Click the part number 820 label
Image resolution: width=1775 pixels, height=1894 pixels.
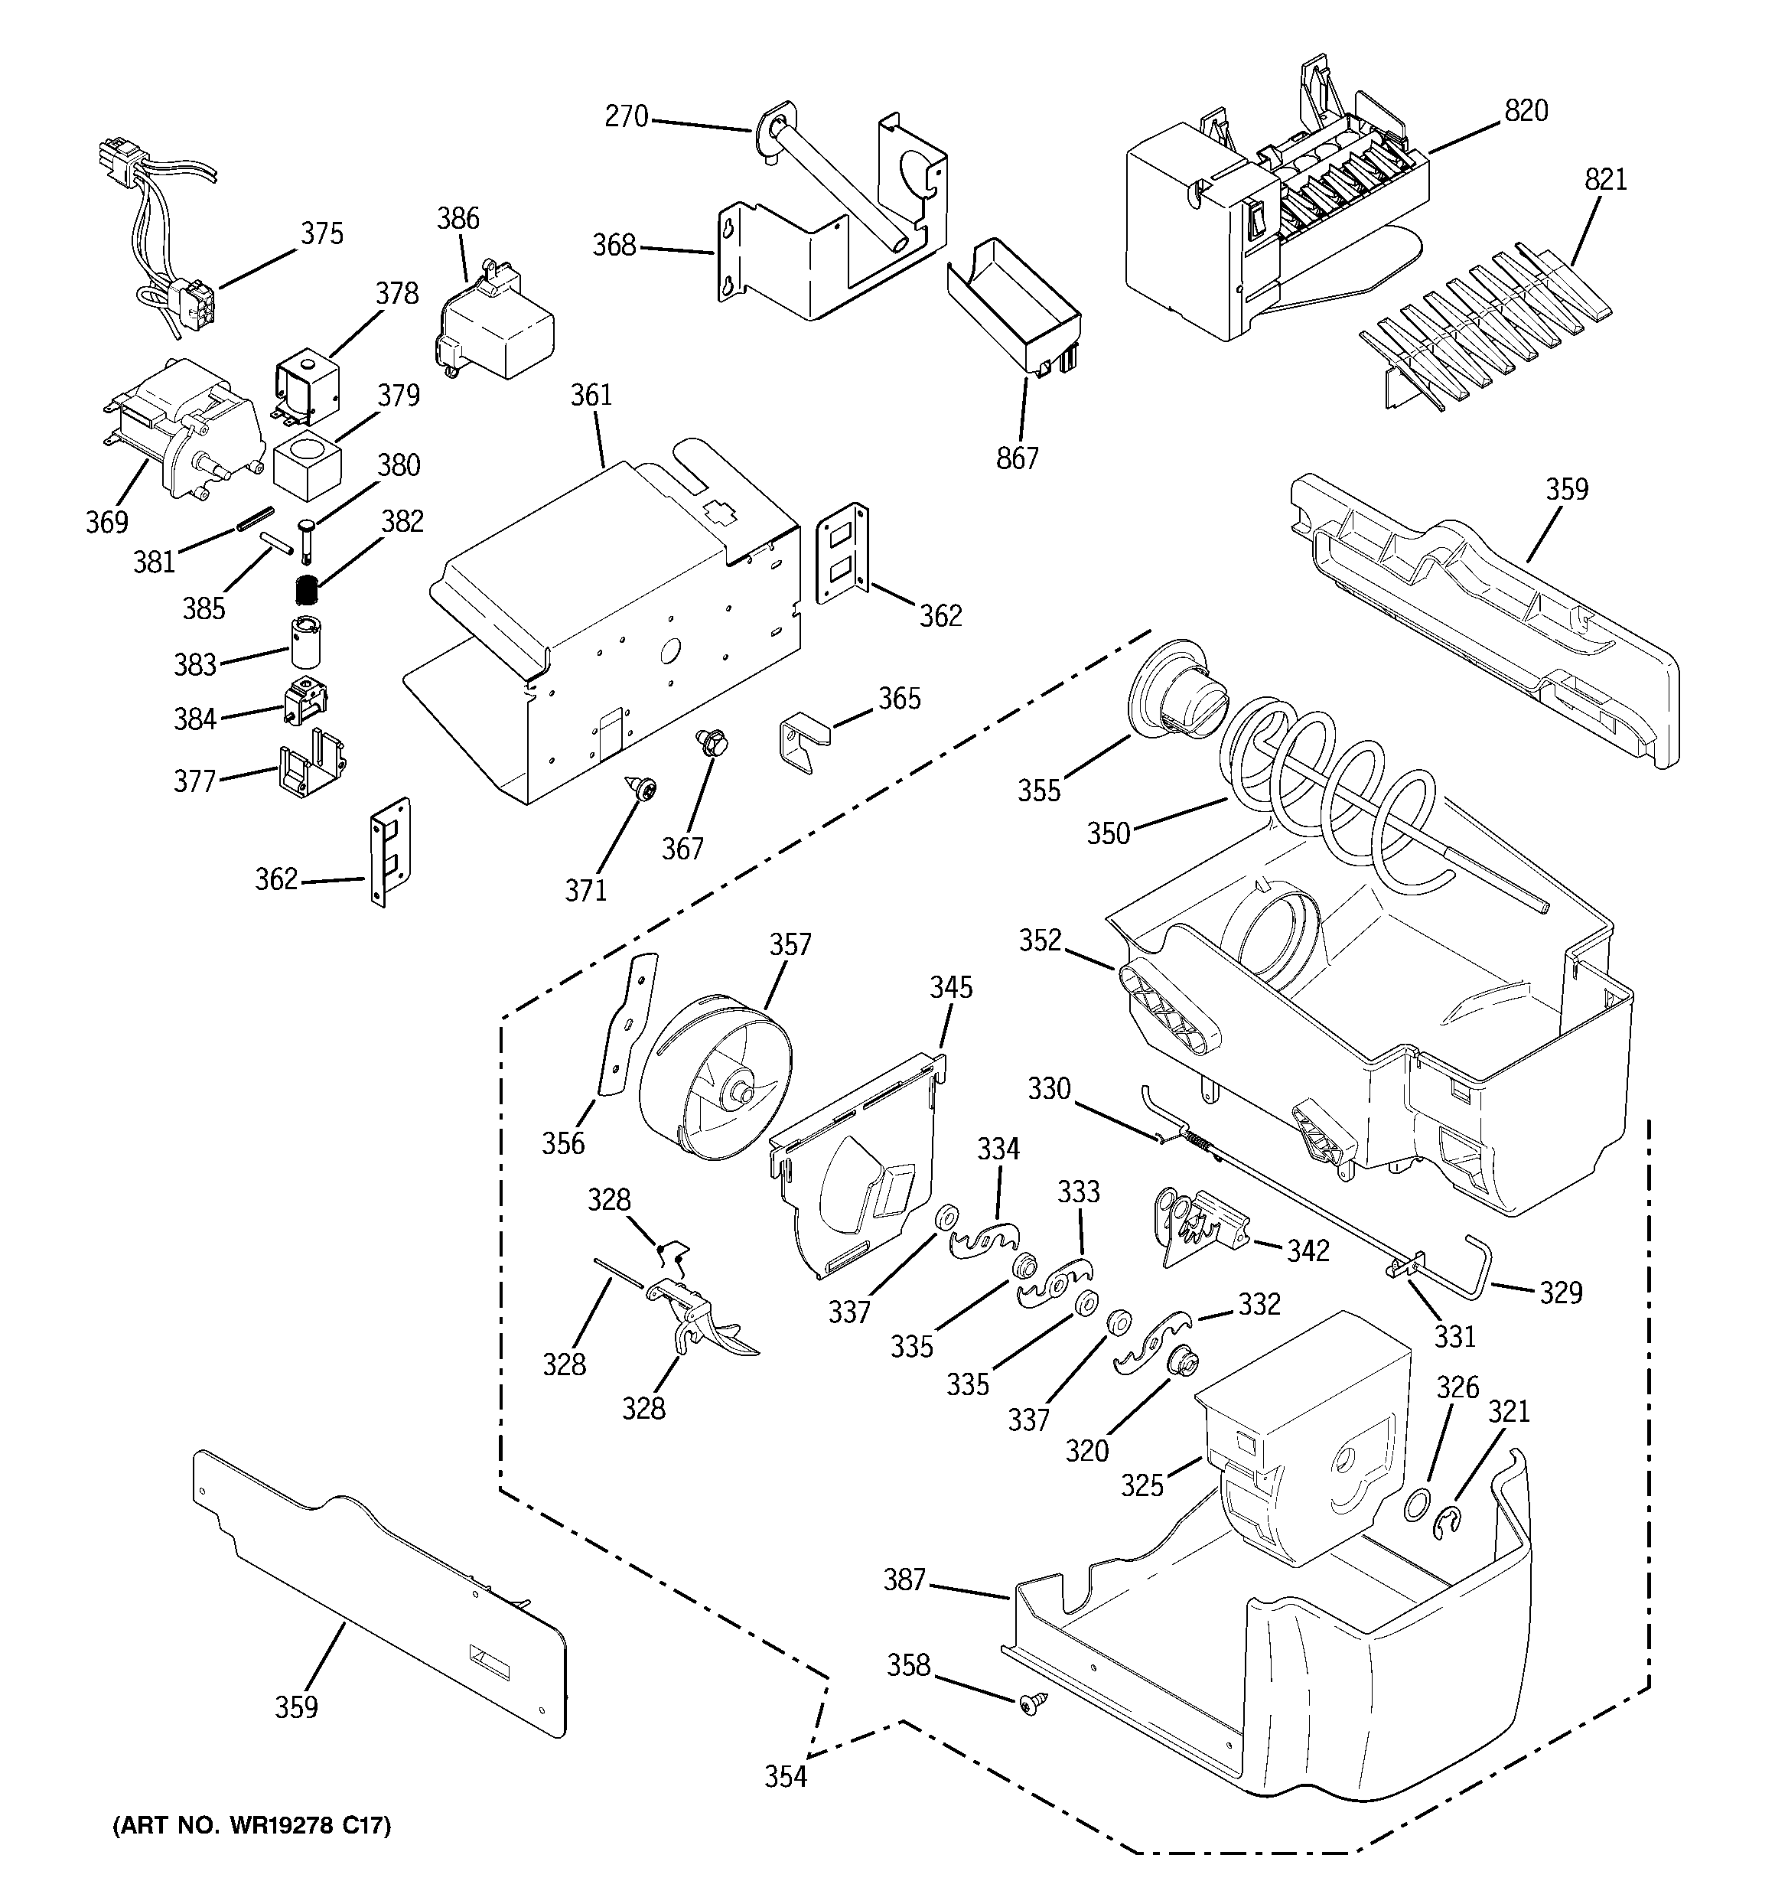pyautogui.click(x=1526, y=112)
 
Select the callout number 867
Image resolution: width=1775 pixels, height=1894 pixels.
pyautogui.click(x=1017, y=458)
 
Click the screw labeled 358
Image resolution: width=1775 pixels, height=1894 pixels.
pyautogui.click(x=1031, y=1702)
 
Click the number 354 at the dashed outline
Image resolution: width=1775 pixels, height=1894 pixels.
pyautogui.click(x=785, y=1776)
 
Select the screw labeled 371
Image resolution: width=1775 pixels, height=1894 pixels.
pyautogui.click(x=641, y=788)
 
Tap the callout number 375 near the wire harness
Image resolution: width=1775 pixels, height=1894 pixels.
pyautogui.click(x=322, y=233)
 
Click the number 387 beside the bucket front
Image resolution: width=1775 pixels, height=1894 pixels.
pyautogui.click(x=904, y=1579)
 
